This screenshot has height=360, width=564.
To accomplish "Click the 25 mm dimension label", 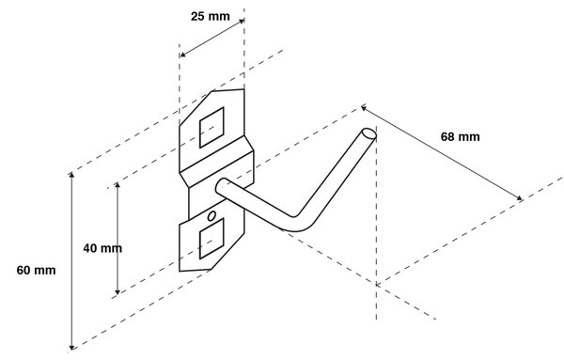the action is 210,17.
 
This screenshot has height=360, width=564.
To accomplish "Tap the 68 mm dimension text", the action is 460,137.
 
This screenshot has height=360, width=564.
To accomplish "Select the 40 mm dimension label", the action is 102,248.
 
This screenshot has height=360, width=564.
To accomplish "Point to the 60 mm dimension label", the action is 36,270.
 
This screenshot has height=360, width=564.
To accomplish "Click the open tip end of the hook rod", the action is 369,133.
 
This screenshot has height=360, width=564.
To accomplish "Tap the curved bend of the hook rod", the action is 299,224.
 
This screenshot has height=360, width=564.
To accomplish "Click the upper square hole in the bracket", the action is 211,127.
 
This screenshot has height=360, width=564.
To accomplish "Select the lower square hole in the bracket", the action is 211,239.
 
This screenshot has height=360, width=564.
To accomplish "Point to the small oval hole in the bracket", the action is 211,216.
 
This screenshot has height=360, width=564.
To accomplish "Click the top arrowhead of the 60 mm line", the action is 72,175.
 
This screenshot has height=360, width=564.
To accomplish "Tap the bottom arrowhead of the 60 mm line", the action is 72,347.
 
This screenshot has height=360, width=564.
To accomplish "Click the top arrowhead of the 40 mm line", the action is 117,185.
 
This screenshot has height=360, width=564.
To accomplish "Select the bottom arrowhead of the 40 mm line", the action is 117,291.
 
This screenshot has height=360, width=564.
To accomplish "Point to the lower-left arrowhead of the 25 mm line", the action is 182,55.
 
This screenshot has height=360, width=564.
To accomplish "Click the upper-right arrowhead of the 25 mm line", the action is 242,22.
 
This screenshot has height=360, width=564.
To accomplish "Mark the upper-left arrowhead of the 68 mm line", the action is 364,107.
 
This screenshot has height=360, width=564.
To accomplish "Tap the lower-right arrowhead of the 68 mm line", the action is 519,197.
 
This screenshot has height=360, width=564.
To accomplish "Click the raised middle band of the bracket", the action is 217,169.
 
